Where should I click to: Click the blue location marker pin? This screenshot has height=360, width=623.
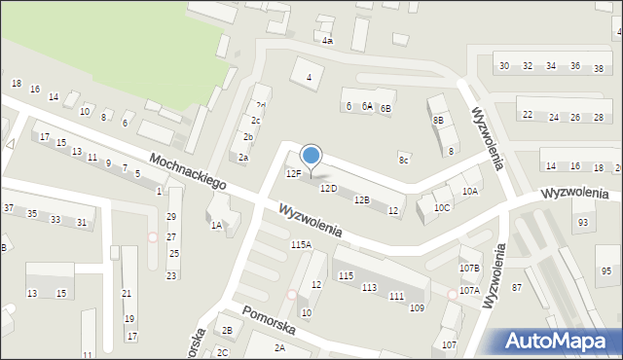(x=311, y=156)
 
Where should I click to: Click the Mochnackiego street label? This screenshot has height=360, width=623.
(x=188, y=170)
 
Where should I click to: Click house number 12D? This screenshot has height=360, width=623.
(x=328, y=189)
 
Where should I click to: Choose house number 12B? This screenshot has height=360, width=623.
(x=362, y=199)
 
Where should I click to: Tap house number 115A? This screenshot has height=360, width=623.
(x=301, y=245)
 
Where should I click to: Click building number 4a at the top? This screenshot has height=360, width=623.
(x=328, y=41)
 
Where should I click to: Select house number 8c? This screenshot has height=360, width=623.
(x=403, y=159)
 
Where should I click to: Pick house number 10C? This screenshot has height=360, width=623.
(x=442, y=207)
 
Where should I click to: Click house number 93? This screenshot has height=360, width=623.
(x=583, y=223)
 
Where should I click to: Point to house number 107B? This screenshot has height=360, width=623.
(x=469, y=268)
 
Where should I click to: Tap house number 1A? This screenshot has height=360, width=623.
(x=216, y=225)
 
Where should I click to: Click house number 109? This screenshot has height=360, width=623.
(x=417, y=308)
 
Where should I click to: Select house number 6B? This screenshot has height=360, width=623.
(x=385, y=107)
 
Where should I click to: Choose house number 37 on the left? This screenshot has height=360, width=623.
(x=9, y=208)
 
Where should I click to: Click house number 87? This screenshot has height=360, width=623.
(x=517, y=287)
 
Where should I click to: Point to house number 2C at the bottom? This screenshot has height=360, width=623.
(x=223, y=352)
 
